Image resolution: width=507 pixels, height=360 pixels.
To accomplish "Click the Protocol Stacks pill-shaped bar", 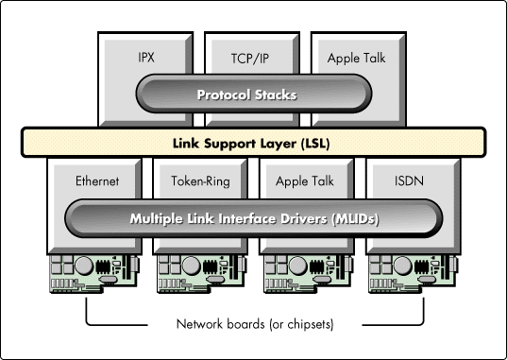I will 251,94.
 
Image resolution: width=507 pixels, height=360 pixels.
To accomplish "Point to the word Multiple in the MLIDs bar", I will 160,219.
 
